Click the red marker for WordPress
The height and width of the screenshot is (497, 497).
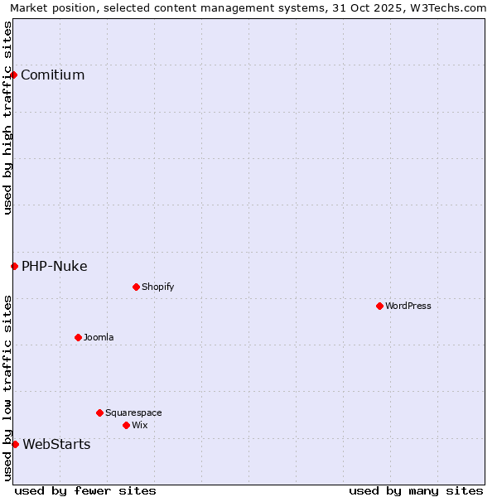tap(379, 306)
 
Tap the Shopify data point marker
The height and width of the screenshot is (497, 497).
tap(136, 287)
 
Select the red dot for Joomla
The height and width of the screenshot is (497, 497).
tap(78, 337)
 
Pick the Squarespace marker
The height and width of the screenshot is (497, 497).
tap(99, 413)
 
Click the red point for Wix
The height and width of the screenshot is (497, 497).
tap(126, 425)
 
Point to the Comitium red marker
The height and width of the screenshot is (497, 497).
tap(13, 75)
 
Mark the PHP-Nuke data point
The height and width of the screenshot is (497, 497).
tap(14, 266)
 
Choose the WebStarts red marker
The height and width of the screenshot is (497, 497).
tap(15, 444)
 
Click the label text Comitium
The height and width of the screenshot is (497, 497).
tap(52, 75)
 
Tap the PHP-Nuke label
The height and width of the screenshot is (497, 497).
tap(54, 266)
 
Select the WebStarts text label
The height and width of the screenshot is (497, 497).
tap(56, 444)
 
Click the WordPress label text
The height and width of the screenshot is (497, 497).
tap(408, 306)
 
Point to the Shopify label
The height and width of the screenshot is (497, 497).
tap(157, 287)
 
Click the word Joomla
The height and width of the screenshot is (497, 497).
tap(99, 337)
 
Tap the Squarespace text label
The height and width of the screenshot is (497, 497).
tap(133, 413)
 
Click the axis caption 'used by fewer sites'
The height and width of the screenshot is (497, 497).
tap(85, 490)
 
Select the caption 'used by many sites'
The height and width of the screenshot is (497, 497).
tap(416, 490)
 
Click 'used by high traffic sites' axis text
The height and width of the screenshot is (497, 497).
tap(8, 118)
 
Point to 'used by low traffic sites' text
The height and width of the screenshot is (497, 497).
tap(8, 388)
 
